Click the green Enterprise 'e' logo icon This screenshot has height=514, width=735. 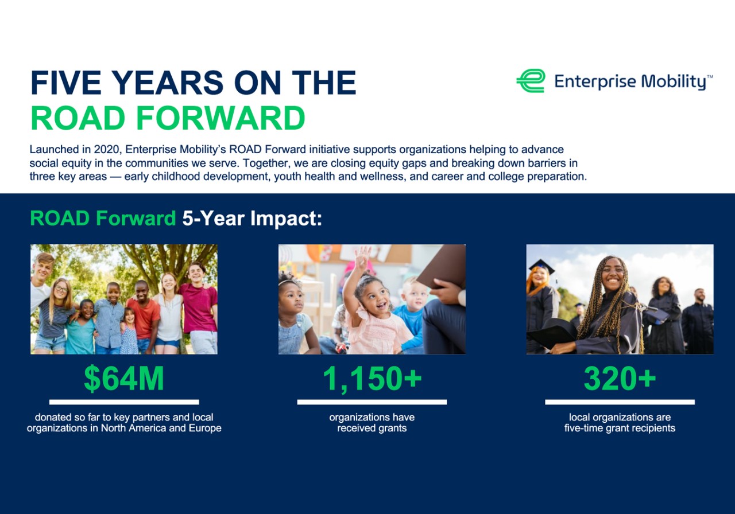(531, 81)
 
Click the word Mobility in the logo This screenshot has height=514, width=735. (673, 82)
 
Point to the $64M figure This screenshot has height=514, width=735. (124, 379)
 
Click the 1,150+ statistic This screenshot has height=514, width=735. (372, 379)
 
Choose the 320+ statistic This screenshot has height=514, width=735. (620, 379)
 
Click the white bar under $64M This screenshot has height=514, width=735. (124, 402)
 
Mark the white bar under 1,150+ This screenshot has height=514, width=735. (372, 402)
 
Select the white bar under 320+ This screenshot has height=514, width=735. (620, 402)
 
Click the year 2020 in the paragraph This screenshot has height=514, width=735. (108, 150)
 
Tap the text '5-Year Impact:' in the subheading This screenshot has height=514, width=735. (252, 219)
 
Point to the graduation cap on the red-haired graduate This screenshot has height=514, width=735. (541, 266)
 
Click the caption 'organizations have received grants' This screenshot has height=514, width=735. (372, 423)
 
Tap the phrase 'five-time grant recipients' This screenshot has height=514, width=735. (620, 429)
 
